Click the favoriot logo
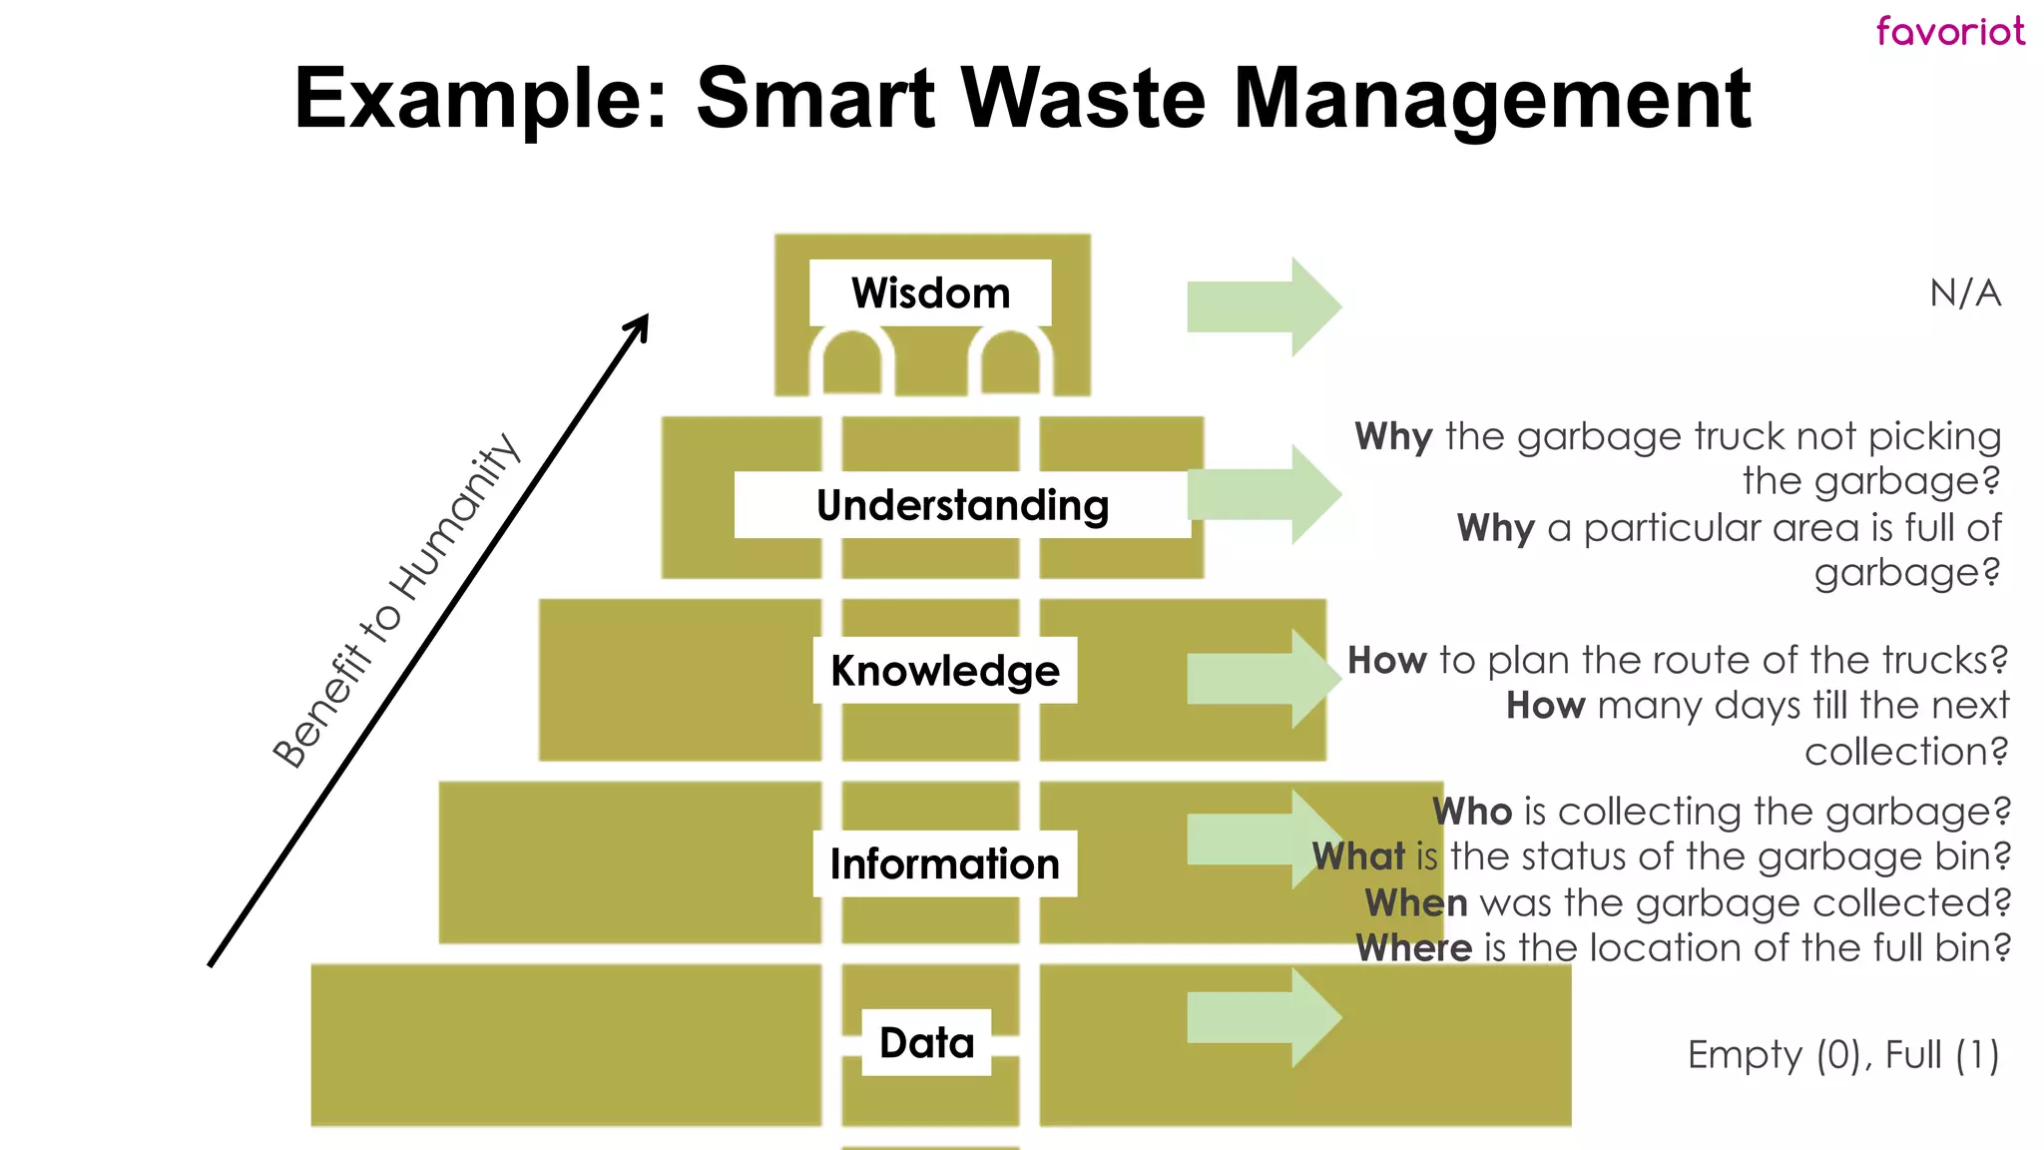pos(1950,31)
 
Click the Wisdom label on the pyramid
pos(930,293)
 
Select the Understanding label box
pos(962,505)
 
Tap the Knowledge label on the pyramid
pos(944,671)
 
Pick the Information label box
pos(944,863)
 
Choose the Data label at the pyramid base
pos(926,1042)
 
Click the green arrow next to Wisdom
pos(1264,306)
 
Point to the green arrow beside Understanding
pos(1264,494)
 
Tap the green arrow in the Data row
pos(1264,1018)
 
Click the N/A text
pos(1965,293)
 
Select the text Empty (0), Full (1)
pos(1843,1055)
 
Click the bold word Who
pos(1472,812)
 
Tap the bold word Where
pos(1413,947)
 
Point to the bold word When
pos(1416,902)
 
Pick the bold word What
pos(1358,857)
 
